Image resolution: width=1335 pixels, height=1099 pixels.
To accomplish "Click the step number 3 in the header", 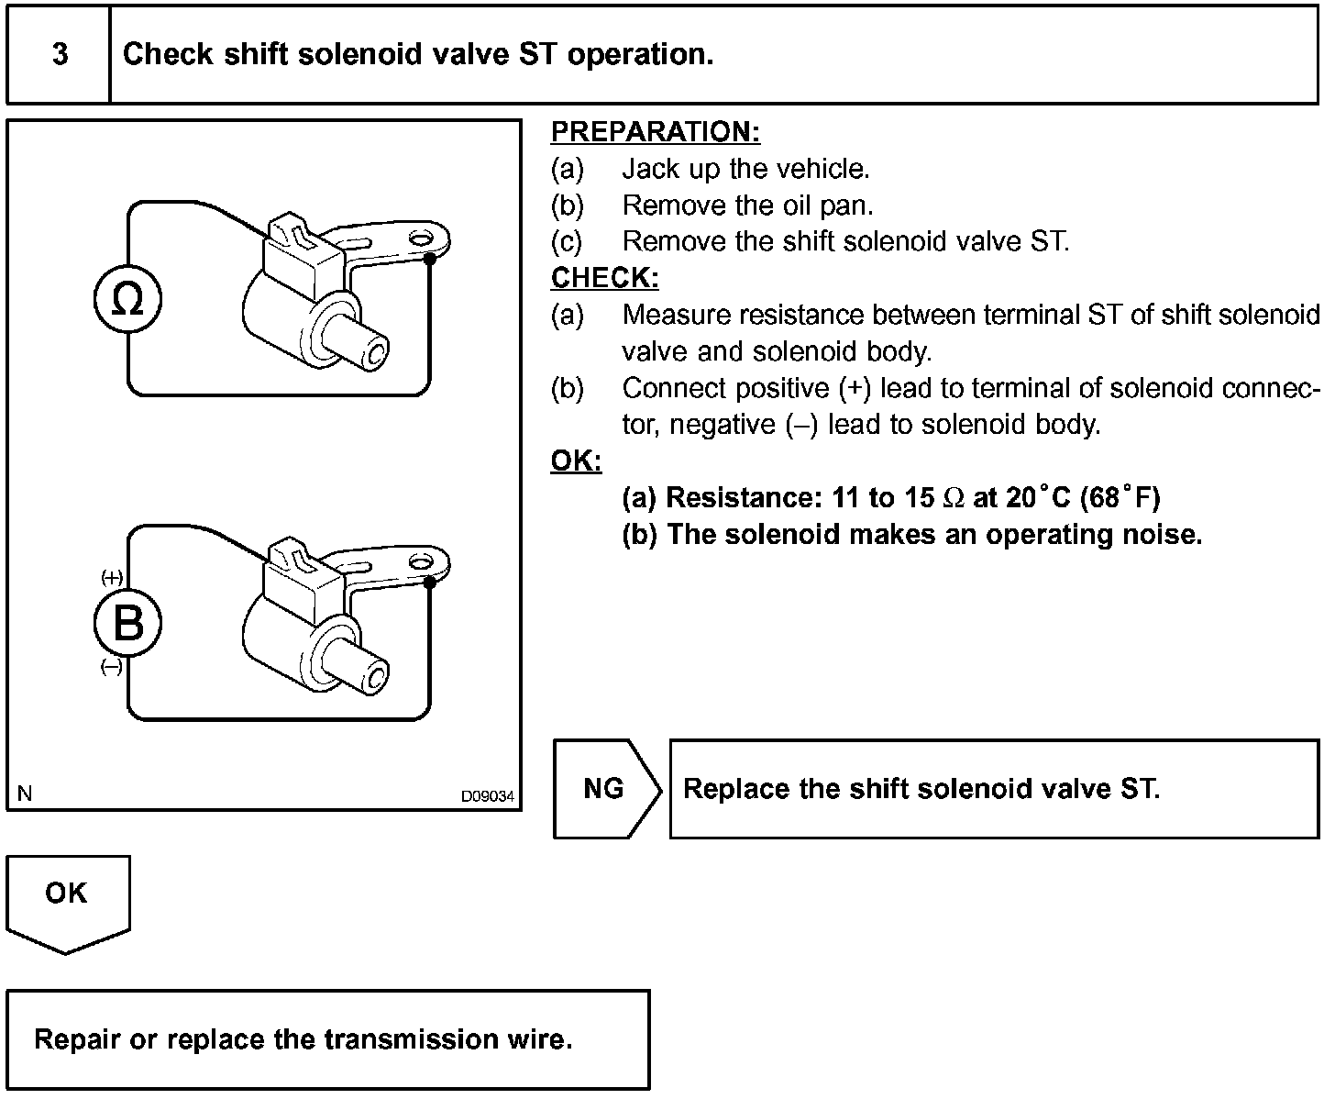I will pos(60,54).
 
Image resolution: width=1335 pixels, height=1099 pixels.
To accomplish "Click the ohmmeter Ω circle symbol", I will pos(127,300).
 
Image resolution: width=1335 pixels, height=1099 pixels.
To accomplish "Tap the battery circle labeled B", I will pos(127,624).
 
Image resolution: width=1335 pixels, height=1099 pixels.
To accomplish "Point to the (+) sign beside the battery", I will pos(112,577).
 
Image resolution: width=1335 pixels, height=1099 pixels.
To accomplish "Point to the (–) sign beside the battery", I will pos(111,668).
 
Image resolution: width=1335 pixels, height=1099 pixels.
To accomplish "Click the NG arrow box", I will pos(605,789).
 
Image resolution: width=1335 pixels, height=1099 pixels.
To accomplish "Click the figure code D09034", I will pos(488,796).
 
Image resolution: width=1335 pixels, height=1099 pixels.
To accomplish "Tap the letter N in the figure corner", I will pos(25,794).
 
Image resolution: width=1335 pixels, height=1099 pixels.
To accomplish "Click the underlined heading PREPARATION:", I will pos(656,132).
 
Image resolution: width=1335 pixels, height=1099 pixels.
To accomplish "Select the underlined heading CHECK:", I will pos(605,278).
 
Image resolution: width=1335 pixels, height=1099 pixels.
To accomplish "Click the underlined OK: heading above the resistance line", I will pos(576,461).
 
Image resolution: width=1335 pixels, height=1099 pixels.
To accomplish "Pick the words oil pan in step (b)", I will pos(815,205).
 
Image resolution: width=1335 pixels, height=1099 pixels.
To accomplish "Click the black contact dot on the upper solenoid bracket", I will pos(430,259).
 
